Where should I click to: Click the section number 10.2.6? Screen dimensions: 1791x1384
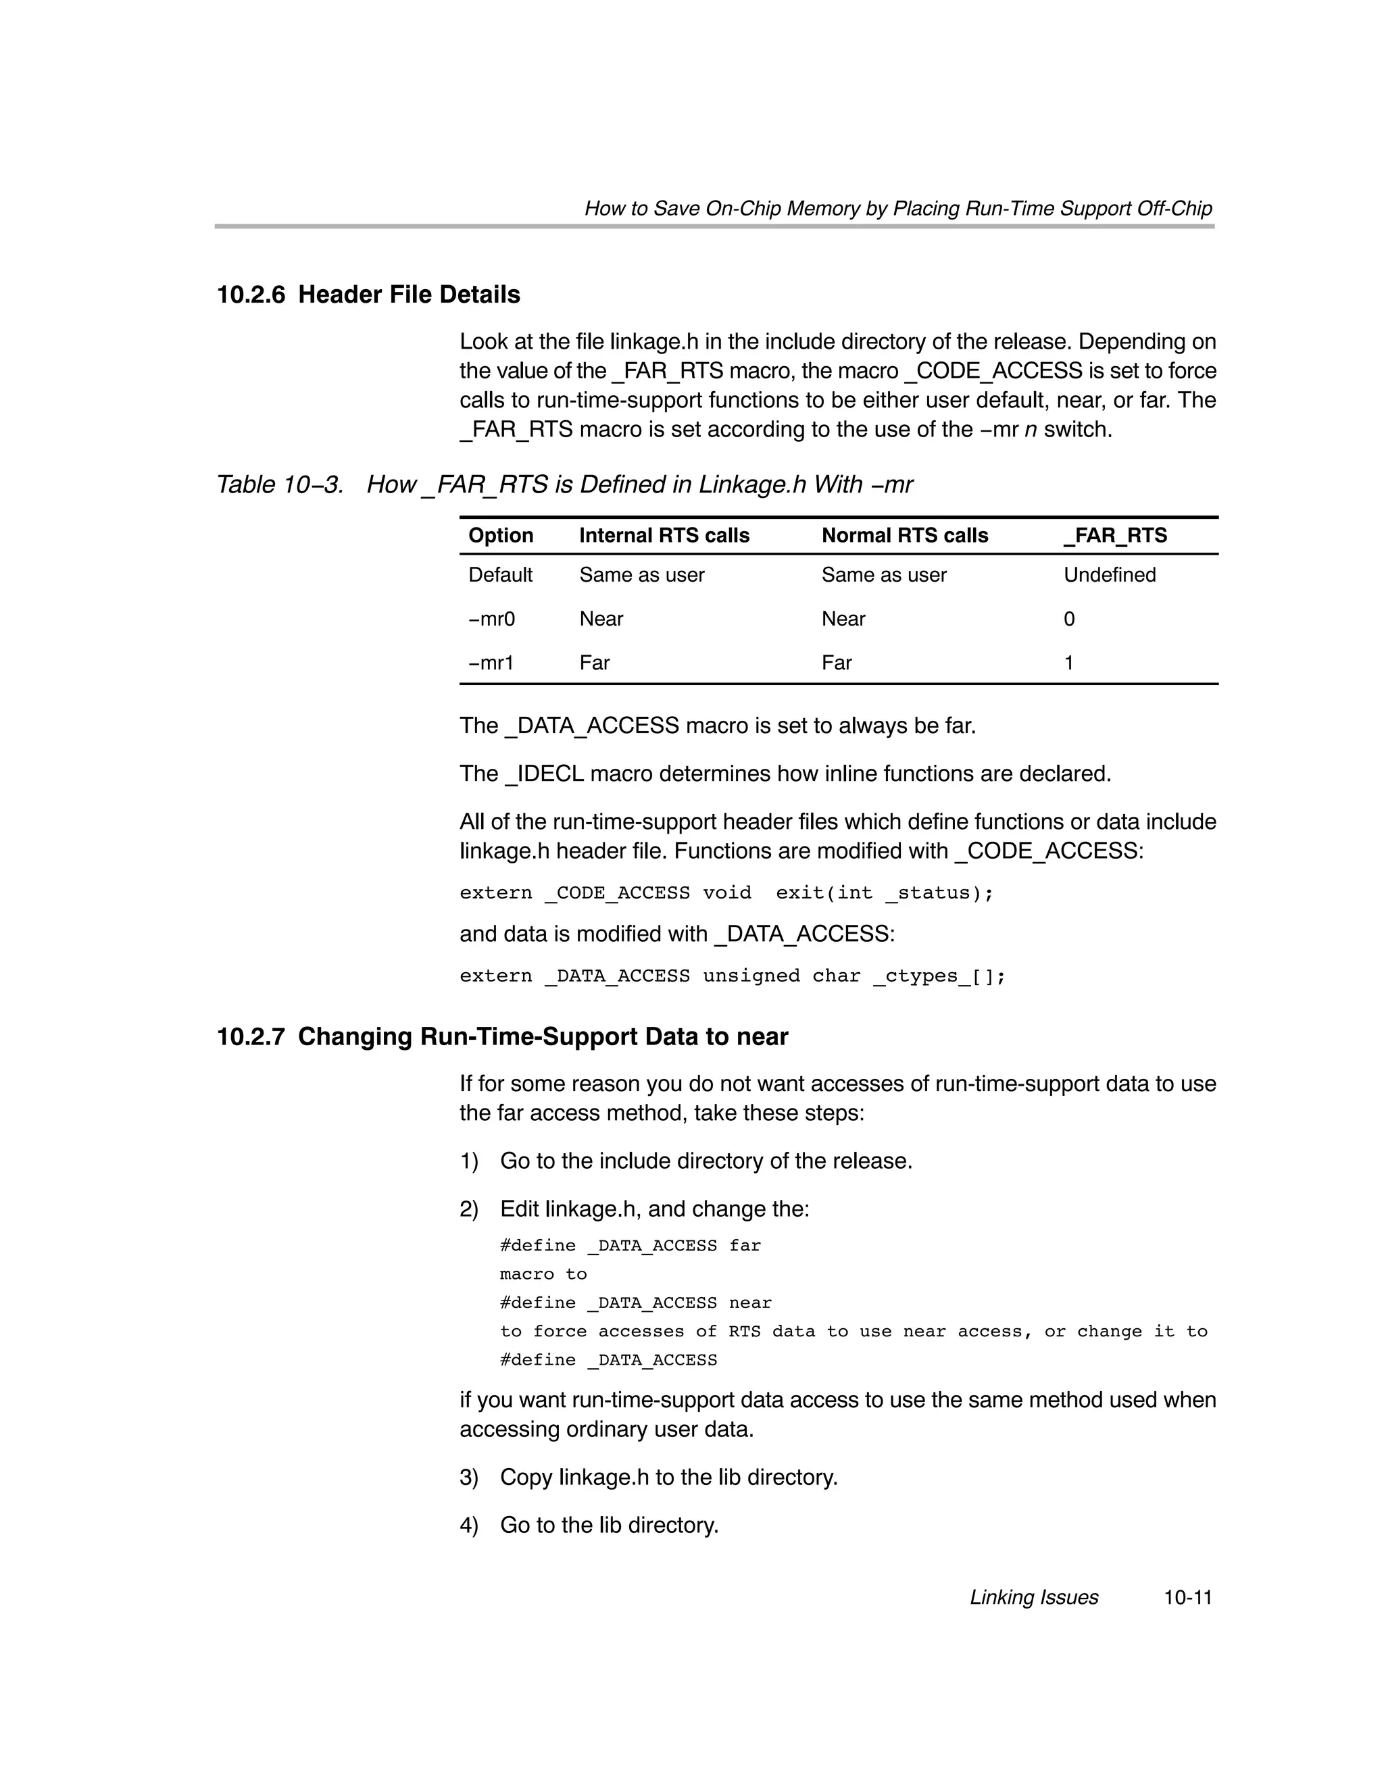[250, 295]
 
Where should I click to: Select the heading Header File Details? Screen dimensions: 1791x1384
[409, 295]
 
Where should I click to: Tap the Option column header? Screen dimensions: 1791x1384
[501, 536]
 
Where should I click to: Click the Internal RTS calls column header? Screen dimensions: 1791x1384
[664, 536]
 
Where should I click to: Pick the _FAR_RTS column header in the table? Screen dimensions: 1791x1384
[1115, 536]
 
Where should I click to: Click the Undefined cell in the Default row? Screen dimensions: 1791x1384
[1109, 575]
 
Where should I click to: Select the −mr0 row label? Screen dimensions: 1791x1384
[491, 619]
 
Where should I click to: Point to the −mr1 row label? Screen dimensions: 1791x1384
[491, 663]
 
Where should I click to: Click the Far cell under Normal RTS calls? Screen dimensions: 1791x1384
[836, 663]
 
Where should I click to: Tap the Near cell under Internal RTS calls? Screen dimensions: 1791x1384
[601, 619]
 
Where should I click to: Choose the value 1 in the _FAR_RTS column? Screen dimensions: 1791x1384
[1068, 663]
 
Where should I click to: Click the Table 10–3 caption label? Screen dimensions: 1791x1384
[279, 484]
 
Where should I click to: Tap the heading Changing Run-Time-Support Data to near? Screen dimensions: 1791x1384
[542, 1036]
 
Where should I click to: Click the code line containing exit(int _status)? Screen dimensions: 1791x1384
[726, 893]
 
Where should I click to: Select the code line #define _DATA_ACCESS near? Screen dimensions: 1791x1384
[635, 1303]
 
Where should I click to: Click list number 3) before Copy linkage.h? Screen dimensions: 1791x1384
[468, 1478]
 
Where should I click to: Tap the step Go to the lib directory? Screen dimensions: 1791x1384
[609, 1525]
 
